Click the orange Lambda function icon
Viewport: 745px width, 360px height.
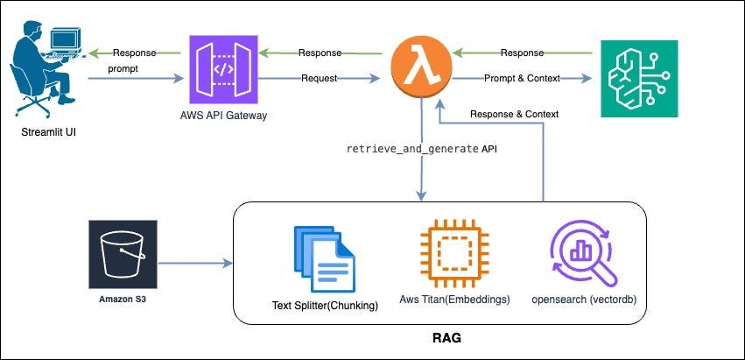click(x=424, y=65)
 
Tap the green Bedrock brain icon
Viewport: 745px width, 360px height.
click(x=637, y=77)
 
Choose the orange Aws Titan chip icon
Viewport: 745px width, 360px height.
click(x=455, y=255)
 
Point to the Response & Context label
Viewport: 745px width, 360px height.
click(x=514, y=114)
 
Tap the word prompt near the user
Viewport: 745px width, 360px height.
click(x=124, y=68)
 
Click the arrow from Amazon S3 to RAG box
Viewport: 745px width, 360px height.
click(x=194, y=261)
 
